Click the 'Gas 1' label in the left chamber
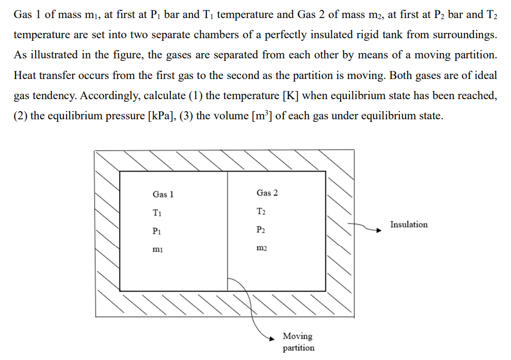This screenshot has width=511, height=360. (163, 195)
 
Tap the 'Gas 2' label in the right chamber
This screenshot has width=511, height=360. (267, 193)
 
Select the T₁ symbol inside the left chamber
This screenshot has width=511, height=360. (157, 212)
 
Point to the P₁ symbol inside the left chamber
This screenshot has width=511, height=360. (157, 231)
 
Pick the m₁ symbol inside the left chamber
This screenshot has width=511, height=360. (157, 249)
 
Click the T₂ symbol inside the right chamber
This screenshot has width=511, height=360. (261, 211)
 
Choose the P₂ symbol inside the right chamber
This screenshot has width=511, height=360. (261, 229)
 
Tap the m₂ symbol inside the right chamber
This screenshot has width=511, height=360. (262, 248)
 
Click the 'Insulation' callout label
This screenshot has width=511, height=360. (409, 225)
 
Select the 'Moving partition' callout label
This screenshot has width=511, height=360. (298, 342)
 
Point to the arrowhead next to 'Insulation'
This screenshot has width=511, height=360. (382, 230)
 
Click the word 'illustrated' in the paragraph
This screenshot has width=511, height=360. (54, 55)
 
